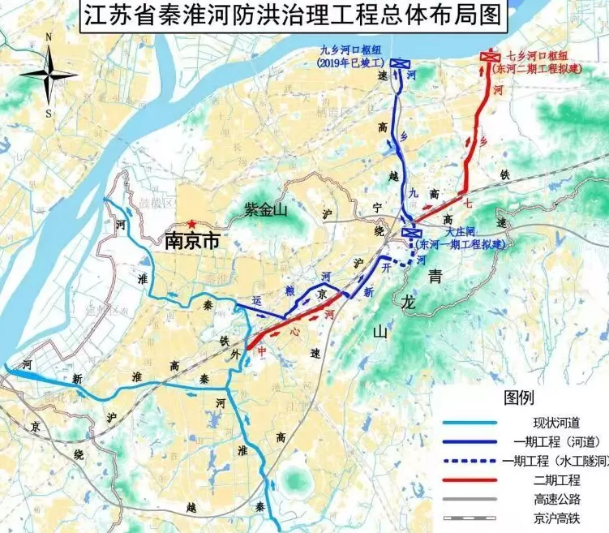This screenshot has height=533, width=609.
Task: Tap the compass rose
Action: point(49,75)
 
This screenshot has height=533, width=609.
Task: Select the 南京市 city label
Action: point(193,241)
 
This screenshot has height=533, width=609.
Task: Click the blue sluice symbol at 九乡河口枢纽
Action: point(399,63)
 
